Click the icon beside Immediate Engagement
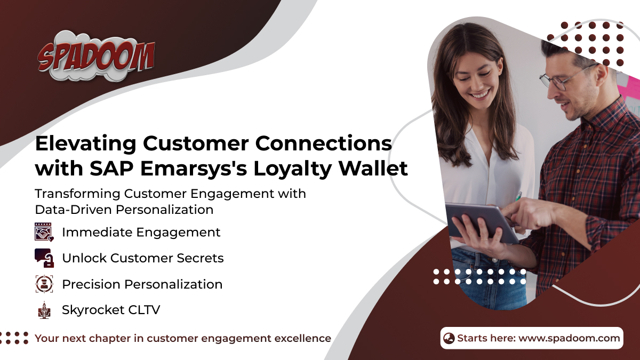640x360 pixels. coord(44,232)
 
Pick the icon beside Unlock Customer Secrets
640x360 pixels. coord(44,258)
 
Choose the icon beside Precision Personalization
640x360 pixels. coord(44,284)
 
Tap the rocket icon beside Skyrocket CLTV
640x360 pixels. coord(44,310)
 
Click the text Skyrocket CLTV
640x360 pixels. coord(111,310)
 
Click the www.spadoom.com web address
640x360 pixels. coord(569,338)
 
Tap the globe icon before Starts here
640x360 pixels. coord(449,338)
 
